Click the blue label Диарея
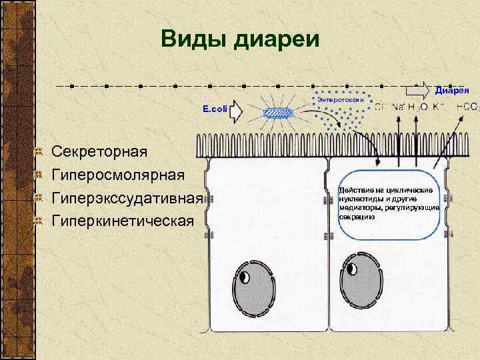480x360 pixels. coord(453,90)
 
